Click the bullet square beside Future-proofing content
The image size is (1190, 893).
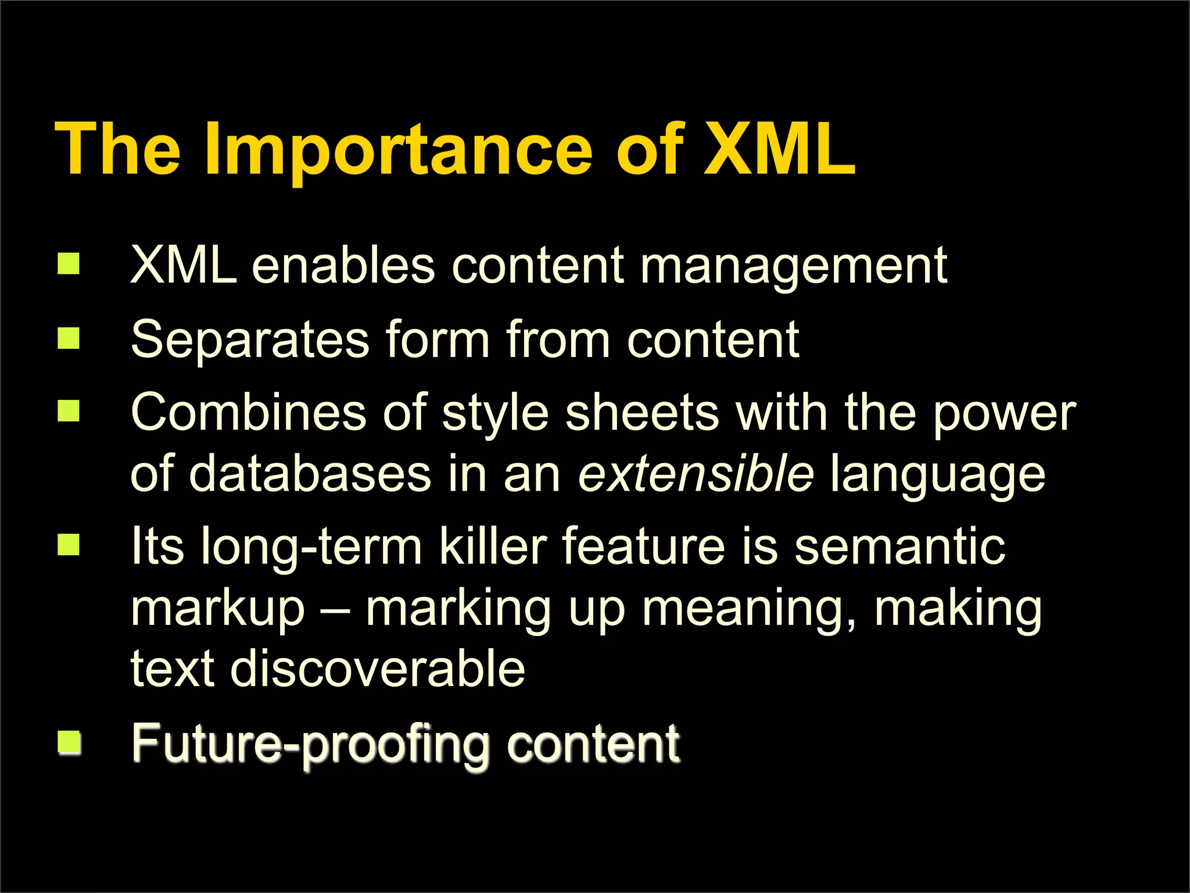[x=69, y=742]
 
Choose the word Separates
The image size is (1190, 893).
[x=250, y=340]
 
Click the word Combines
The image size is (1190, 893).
[x=249, y=412]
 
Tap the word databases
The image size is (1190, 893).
[x=310, y=474]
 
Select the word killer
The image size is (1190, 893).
[x=493, y=546]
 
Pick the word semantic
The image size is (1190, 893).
[x=899, y=546]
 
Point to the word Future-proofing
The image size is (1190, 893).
[x=311, y=744]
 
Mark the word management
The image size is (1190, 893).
[x=793, y=266]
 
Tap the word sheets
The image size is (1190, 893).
[x=642, y=412]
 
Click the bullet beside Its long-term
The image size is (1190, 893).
[x=69, y=545]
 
